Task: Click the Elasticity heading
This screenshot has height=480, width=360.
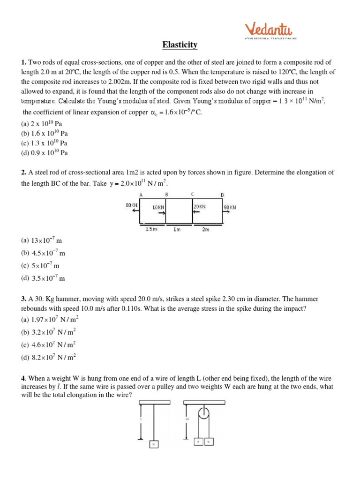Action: pyautogui.click(x=180, y=45)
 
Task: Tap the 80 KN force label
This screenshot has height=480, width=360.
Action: pyautogui.click(x=131, y=205)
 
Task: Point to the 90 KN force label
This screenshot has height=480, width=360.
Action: pyautogui.click(x=230, y=207)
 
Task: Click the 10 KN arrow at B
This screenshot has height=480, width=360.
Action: pyautogui.click(x=162, y=213)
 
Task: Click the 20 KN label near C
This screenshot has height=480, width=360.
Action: pyautogui.click(x=199, y=206)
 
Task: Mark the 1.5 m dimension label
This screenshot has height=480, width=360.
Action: pyautogui.click(x=151, y=229)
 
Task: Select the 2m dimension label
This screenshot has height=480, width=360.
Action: pyautogui.click(x=205, y=229)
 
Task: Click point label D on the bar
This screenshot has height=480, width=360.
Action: pyautogui.click(x=222, y=195)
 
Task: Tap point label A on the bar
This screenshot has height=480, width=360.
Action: pyautogui.click(x=141, y=195)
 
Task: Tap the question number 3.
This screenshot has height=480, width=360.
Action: pyautogui.click(x=23, y=299)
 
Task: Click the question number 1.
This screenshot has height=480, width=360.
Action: pyautogui.click(x=23, y=62)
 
